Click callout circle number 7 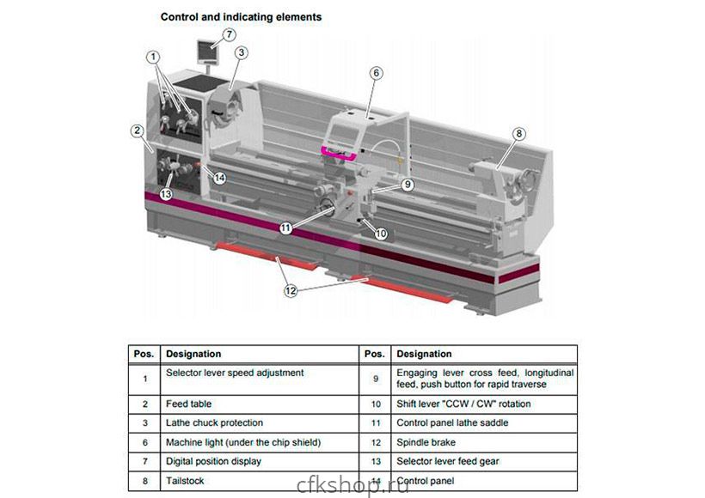(x=229, y=34)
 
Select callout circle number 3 (x=242, y=52)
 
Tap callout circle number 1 (x=153, y=57)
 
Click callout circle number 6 (x=376, y=73)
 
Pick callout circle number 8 (x=518, y=133)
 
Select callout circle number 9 (x=408, y=184)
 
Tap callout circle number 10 (x=381, y=233)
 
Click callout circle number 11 (x=285, y=228)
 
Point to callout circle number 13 (x=166, y=195)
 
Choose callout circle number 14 (x=220, y=178)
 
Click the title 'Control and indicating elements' (x=242, y=16)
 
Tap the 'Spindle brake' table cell (x=425, y=442)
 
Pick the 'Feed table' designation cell (x=188, y=404)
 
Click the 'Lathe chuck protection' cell (x=214, y=422)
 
